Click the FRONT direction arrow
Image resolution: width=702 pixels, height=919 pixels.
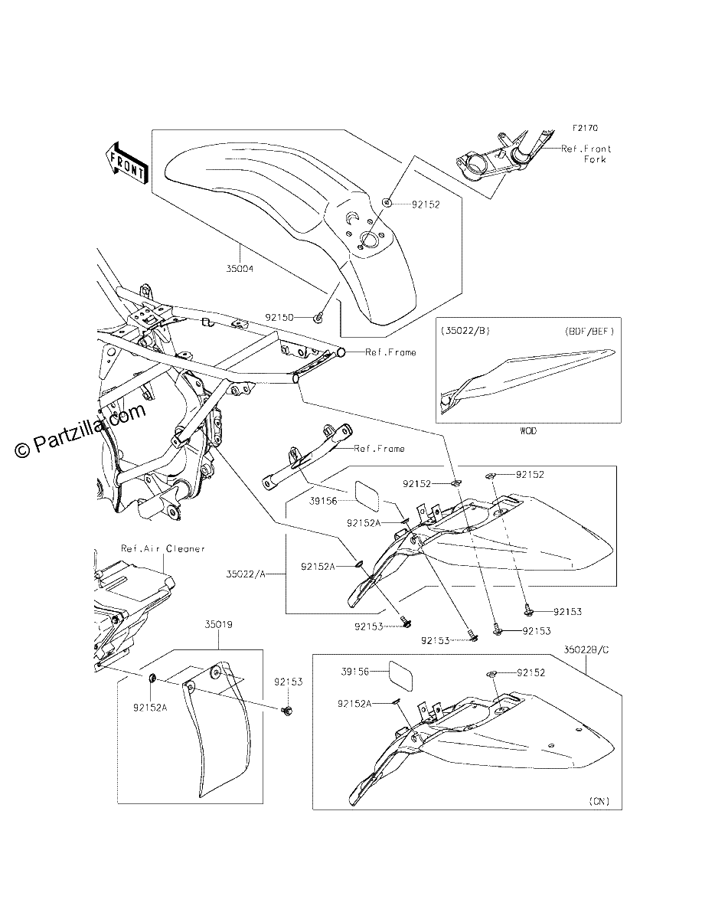tap(127, 163)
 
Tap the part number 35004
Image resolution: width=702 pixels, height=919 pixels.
tap(240, 269)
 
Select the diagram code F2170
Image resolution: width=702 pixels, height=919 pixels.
tap(586, 128)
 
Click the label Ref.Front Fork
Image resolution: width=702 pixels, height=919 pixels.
tap(586, 154)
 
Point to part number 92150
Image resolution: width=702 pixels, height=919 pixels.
tap(279, 318)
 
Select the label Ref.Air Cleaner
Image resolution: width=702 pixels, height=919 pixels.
tap(163, 548)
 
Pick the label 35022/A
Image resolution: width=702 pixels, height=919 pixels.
tap(246, 574)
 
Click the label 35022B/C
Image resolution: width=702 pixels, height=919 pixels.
tap(586, 650)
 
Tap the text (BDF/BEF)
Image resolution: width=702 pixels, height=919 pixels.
tap(589, 331)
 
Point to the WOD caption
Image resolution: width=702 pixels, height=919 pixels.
tap(528, 431)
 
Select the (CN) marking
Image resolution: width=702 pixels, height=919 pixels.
tap(599, 801)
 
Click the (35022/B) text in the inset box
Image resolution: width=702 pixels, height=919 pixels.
tap(465, 331)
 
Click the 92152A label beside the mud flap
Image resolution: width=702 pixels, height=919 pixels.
tap(150, 708)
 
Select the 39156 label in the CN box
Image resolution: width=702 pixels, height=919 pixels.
tap(355, 672)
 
